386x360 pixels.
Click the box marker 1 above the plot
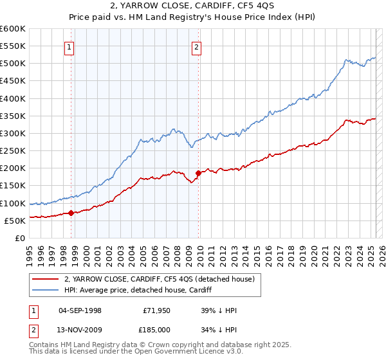[69, 46]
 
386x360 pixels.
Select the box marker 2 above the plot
[196, 46]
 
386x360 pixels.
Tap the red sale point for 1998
[71, 213]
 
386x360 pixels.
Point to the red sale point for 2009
[198, 173]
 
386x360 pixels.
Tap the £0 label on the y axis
[19, 238]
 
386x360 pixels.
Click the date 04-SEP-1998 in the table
[80, 310]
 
